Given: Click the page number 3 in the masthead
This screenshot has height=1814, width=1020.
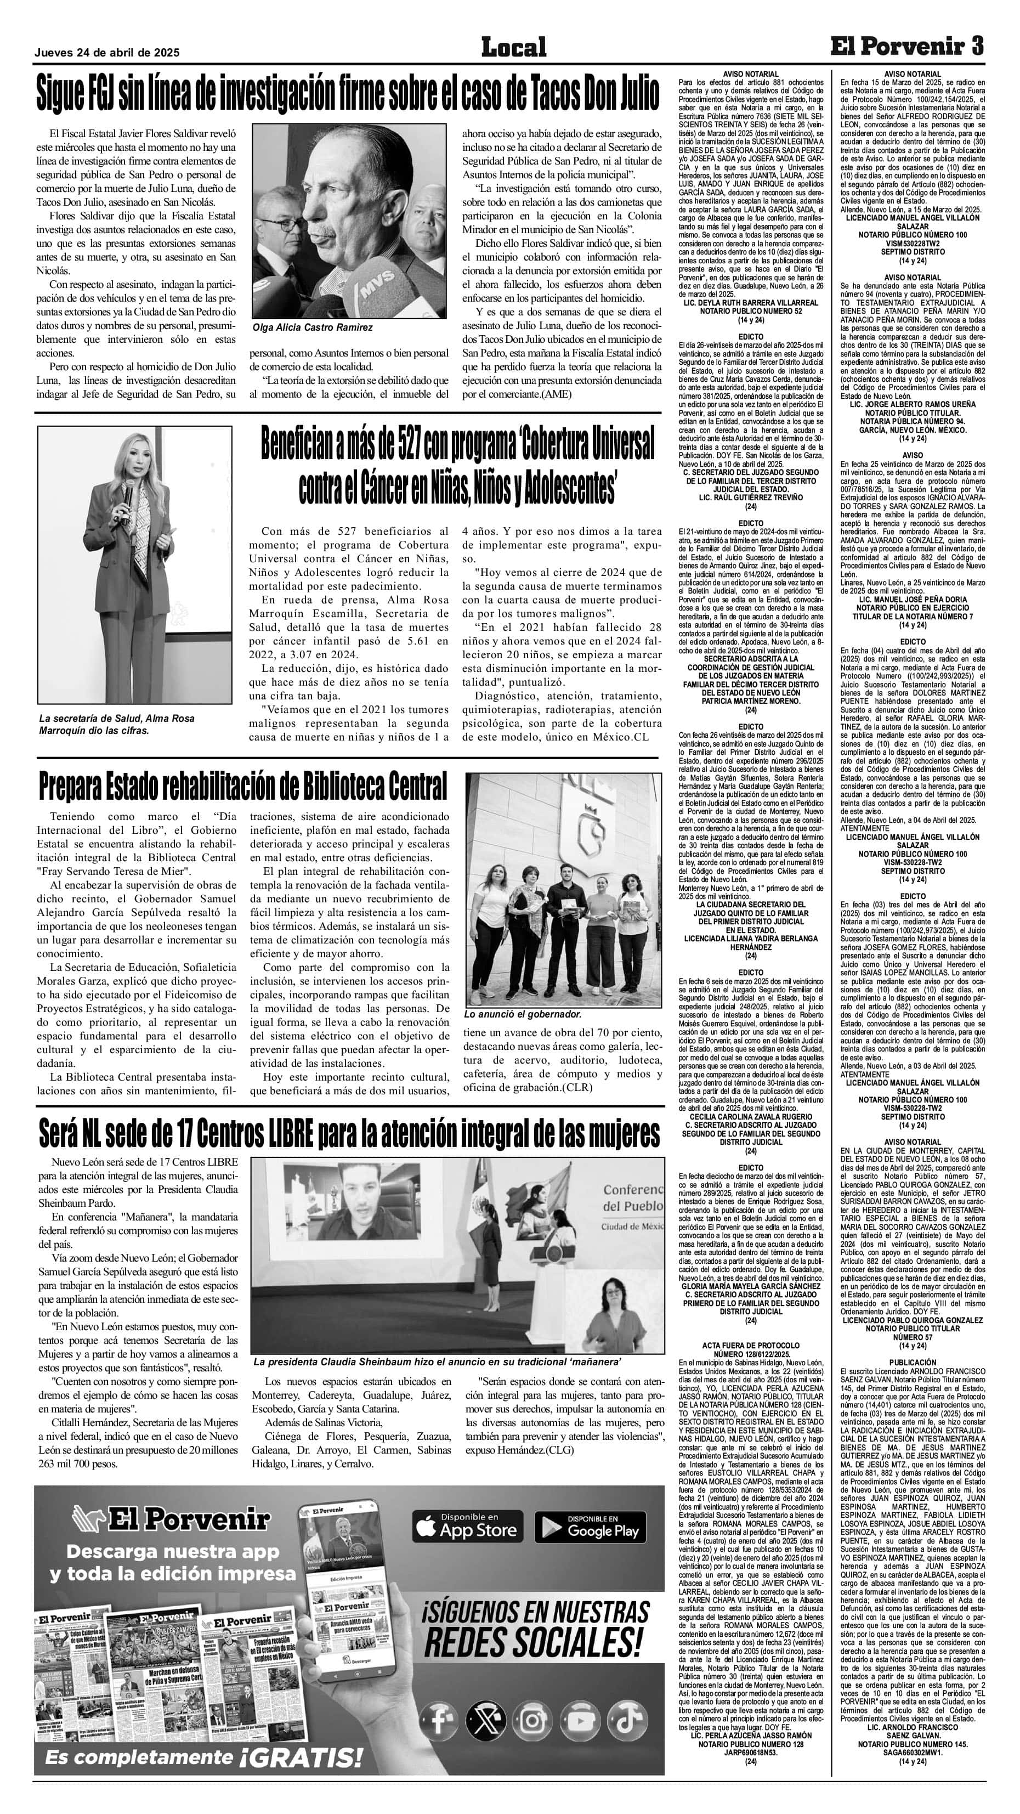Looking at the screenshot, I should point(976,47).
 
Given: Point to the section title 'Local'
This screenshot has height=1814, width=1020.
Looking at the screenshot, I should point(513,47).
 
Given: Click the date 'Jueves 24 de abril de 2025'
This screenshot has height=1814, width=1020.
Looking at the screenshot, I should point(107,52).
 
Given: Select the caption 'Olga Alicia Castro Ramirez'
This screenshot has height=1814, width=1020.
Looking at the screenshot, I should point(312,327).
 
